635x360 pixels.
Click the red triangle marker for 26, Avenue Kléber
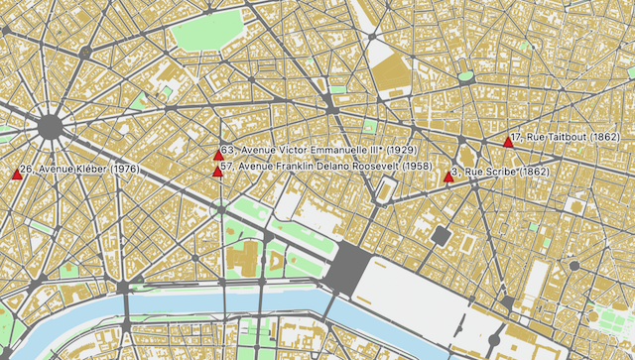17,174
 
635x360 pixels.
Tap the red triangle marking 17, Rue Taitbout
508,142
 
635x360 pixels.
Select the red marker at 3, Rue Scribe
447,177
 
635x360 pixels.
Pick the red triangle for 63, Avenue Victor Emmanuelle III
218,154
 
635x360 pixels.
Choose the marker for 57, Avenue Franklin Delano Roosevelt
217,171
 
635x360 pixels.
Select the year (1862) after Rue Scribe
534,172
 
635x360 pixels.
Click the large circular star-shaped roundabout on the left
51,126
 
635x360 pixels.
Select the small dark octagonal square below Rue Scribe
441,235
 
